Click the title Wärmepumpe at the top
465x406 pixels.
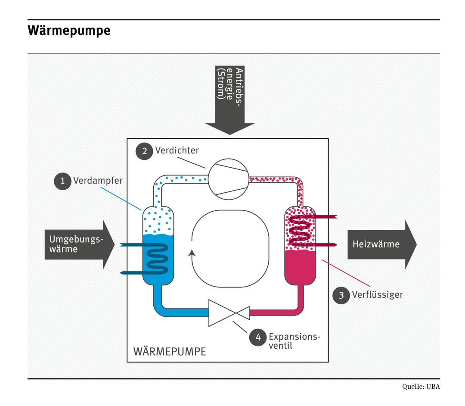coord(69,31)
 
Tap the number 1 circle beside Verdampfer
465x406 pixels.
coord(62,181)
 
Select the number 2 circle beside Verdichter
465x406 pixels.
coord(144,151)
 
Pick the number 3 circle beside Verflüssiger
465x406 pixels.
coord(341,295)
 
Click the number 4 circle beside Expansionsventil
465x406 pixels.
coord(258,338)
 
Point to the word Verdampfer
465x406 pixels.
coord(98,181)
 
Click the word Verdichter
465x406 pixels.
coord(177,150)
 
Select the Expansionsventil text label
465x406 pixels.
coord(294,340)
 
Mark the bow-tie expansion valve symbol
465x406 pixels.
coord(229,312)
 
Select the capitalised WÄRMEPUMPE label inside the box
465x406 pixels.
coord(170,351)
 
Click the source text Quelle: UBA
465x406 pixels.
coord(421,387)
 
